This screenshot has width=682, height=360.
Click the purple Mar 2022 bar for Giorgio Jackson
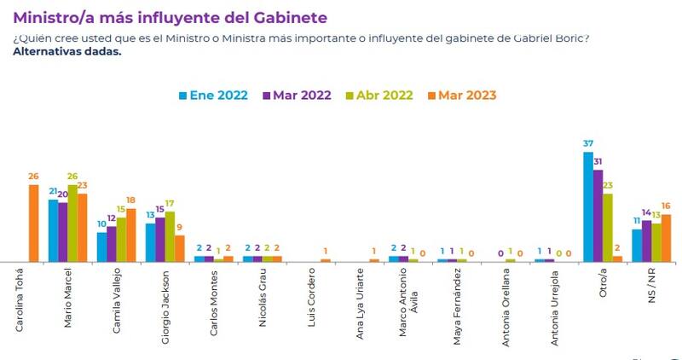[x=159, y=240]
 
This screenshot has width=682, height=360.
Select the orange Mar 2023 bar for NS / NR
[x=667, y=238]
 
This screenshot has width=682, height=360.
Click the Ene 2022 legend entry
[x=214, y=95]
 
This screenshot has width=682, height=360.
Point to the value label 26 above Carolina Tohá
[x=34, y=177]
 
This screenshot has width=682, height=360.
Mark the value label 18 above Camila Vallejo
[x=131, y=200]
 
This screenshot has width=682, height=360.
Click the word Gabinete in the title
[x=286, y=17]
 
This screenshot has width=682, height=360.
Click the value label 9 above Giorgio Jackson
[x=179, y=227]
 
